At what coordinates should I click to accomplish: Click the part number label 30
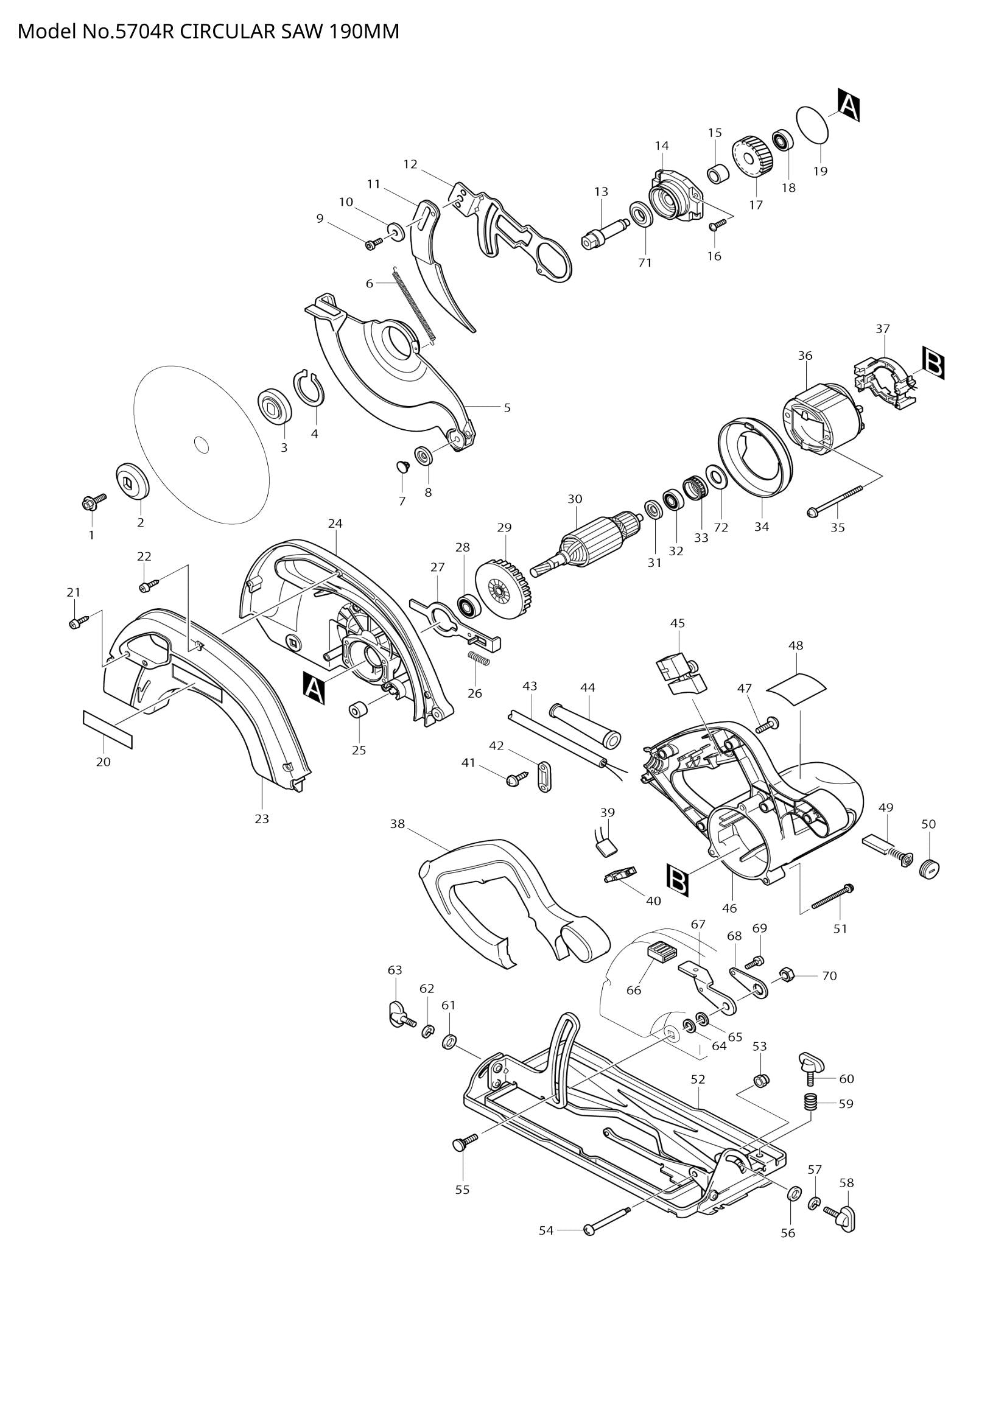pos(575,499)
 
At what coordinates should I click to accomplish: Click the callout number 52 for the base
pos(698,1080)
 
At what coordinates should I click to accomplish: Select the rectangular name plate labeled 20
pos(108,730)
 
